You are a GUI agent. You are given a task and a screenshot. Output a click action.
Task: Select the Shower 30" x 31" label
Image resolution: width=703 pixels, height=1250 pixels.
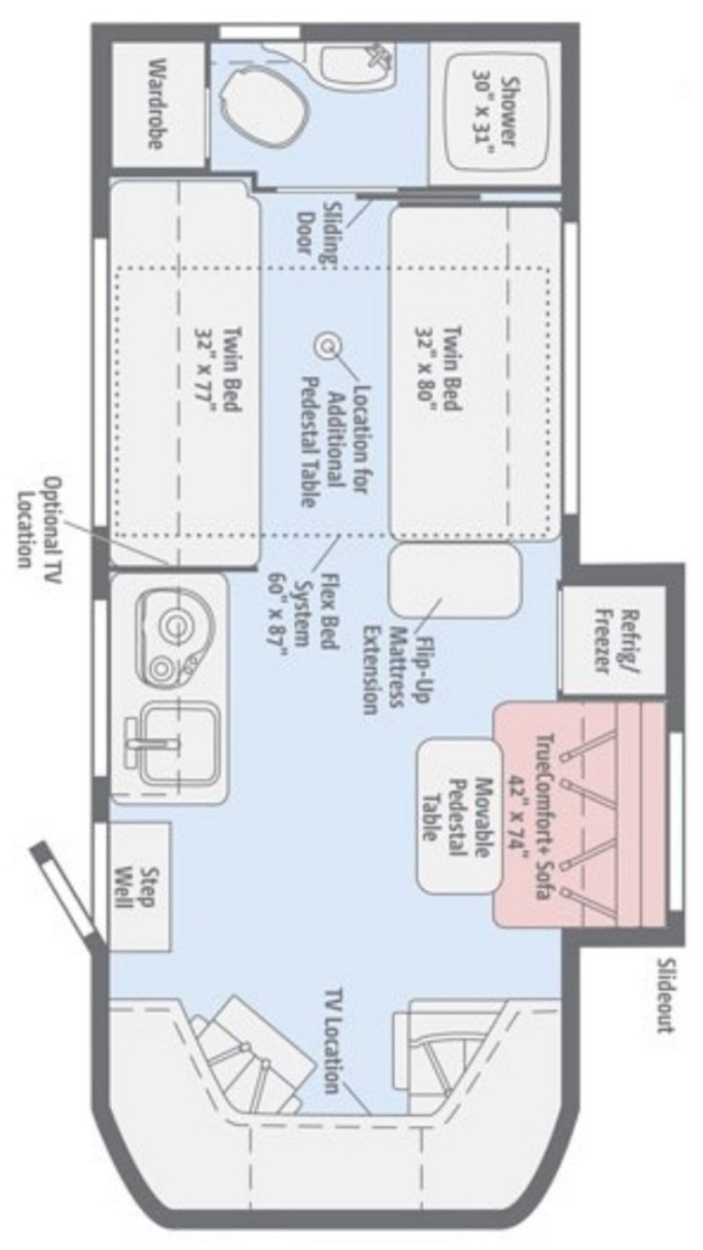pos(496,111)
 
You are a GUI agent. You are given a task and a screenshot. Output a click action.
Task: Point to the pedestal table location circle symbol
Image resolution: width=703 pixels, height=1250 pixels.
pos(328,346)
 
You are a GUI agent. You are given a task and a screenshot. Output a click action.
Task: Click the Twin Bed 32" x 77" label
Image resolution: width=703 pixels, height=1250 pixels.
pos(218,369)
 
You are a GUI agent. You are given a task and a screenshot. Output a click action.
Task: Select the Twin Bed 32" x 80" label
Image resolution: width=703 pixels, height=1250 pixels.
pos(438,369)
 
